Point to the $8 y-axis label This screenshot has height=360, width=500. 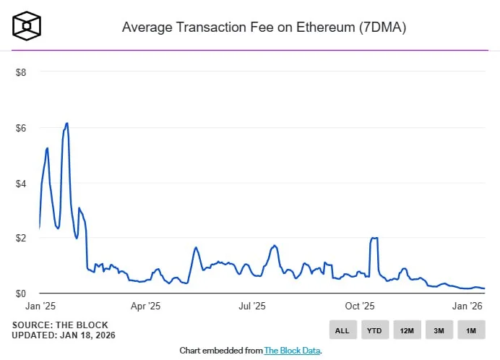point(21,73)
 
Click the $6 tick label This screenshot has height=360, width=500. point(21,128)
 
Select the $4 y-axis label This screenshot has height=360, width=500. point(21,184)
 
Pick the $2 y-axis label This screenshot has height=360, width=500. point(21,239)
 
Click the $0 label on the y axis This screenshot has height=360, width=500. point(21,293)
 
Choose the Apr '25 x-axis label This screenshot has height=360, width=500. point(145,307)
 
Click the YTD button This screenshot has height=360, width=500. point(374,330)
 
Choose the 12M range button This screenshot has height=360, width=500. point(407,330)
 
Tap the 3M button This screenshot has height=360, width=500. point(439,330)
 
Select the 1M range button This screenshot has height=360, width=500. point(471,330)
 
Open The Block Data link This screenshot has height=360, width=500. point(292,351)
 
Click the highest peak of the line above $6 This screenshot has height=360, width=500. point(67,123)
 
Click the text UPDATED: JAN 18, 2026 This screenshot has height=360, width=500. point(64,335)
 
